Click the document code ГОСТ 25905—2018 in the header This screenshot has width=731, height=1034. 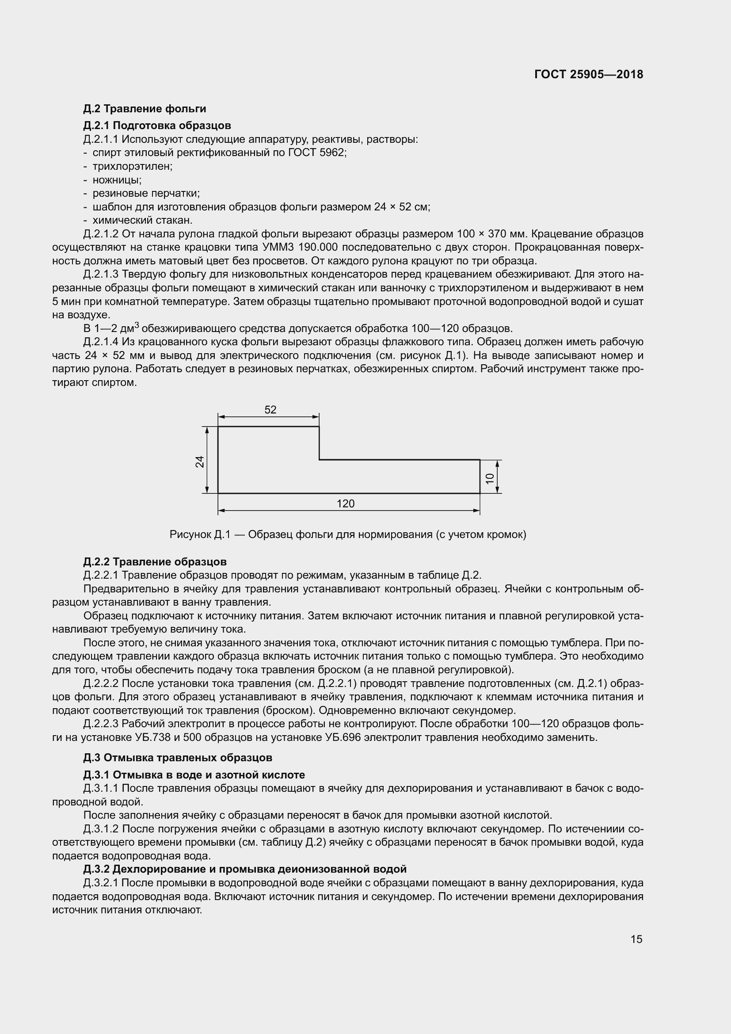click(x=589, y=75)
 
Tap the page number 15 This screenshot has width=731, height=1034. click(x=636, y=939)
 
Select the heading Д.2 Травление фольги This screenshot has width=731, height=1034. click(x=145, y=109)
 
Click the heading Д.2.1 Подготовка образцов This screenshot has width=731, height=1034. click(x=157, y=125)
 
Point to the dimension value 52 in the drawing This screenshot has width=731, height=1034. click(x=270, y=410)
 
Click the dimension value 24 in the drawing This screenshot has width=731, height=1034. click(x=199, y=462)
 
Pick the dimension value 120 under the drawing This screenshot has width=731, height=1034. click(x=345, y=504)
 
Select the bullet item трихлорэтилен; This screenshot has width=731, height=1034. click(x=132, y=166)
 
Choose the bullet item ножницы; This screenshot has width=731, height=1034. click(x=117, y=179)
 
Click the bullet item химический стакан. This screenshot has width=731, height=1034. click(x=142, y=220)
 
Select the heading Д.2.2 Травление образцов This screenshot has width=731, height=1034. click(x=155, y=561)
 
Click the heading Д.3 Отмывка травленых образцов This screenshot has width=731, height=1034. click(x=178, y=758)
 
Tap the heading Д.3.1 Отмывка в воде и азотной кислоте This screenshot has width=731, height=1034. click(x=194, y=775)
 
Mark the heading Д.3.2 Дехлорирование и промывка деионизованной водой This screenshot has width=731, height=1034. click(x=245, y=869)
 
